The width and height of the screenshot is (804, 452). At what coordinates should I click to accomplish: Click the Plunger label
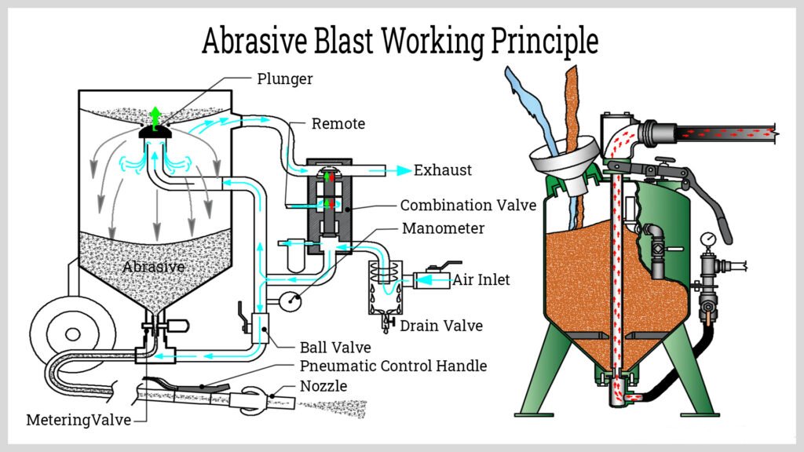click(x=285, y=78)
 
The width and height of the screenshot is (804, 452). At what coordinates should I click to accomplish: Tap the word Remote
click(x=338, y=124)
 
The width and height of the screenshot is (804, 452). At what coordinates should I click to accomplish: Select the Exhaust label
click(x=443, y=169)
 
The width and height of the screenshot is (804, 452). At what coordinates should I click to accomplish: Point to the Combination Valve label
click(x=468, y=206)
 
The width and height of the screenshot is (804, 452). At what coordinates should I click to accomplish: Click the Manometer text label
click(x=443, y=229)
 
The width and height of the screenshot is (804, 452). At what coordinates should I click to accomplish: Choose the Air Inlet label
click(x=481, y=279)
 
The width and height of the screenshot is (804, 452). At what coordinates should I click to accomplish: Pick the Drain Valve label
click(x=441, y=326)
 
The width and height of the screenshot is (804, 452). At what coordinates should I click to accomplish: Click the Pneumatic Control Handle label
click(x=393, y=366)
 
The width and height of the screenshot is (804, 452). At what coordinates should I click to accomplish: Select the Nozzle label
click(x=324, y=385)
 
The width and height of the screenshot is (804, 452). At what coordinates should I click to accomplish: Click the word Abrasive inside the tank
click(x=153, y=267)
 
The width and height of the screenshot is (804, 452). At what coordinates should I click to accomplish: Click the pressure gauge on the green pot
click(x=709, y=238)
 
